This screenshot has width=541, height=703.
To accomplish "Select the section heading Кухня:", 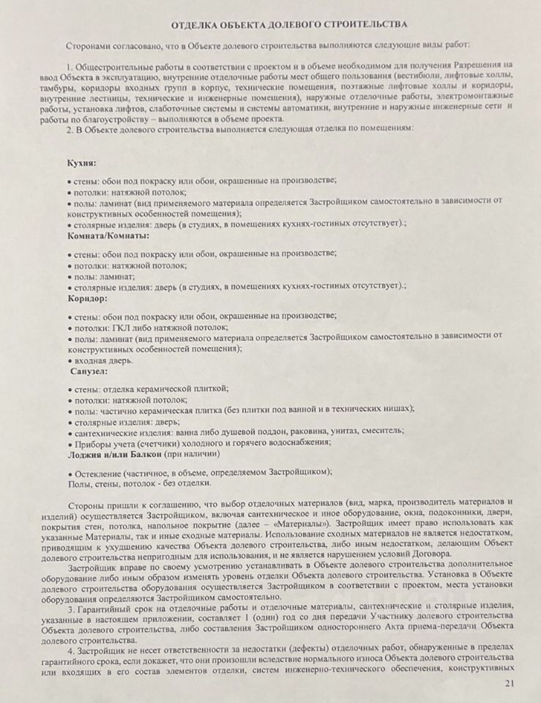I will point(82,163).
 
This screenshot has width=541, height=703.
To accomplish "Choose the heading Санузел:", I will point(89,372).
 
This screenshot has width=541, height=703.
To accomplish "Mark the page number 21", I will point(510,683).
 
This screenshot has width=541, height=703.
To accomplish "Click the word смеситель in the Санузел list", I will point(383,433).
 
